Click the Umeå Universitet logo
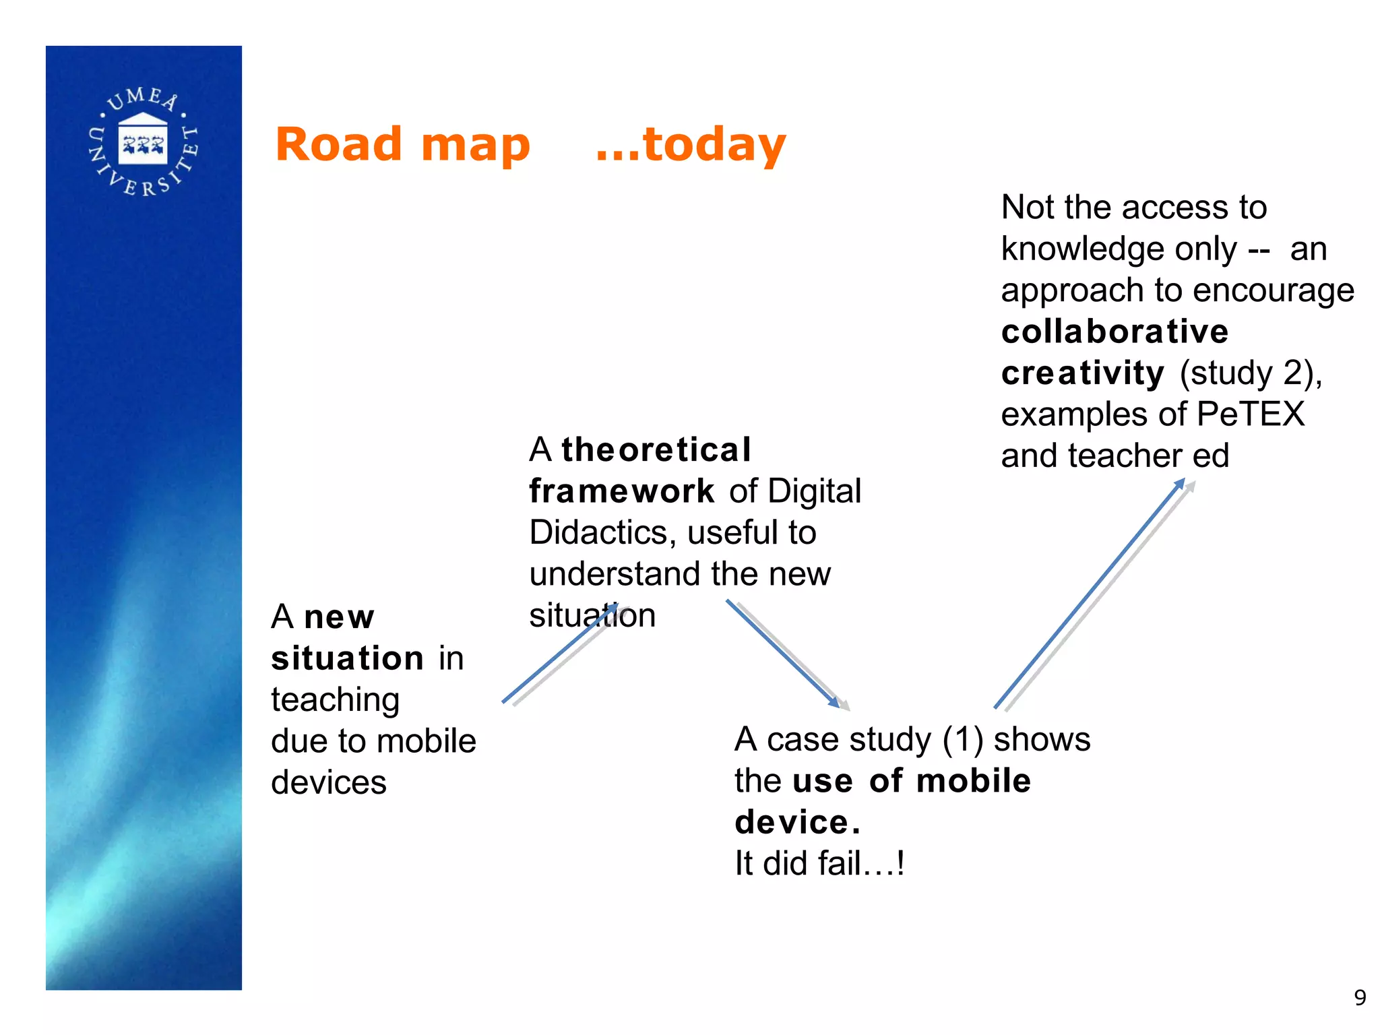[144, 142]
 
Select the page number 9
[1360, 997]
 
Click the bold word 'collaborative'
[1115, 332]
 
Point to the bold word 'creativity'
[1082, 373]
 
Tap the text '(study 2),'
[1251, 373]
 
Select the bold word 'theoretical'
[656, 449]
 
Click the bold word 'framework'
[621, 491]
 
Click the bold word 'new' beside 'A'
[339, 617]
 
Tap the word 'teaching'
[335, 699]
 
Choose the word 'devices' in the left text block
[328, 782]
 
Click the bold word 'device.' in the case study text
[797, 822]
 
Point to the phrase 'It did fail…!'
[819, 863]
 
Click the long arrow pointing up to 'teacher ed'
[1090, 593]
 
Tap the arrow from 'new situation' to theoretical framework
[559, 654]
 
